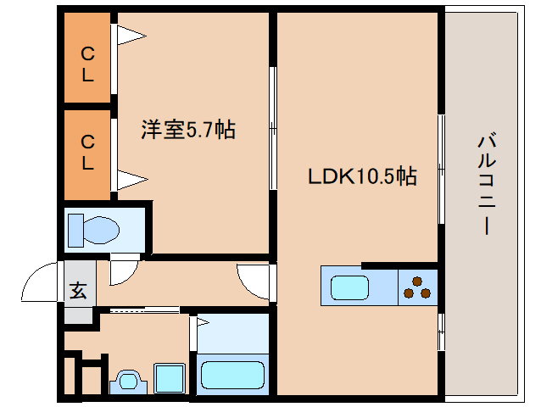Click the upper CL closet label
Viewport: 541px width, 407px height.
point(87,64)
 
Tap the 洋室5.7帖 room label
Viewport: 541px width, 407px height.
point(187,130)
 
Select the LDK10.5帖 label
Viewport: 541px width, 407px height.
point(361,176)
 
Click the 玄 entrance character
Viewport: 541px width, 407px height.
point(78,291)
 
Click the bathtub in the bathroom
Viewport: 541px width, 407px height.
point(232,373)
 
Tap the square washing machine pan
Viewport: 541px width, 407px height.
point(170,378)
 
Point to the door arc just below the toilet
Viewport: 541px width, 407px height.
point(122,272)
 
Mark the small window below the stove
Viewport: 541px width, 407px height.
point(440,330)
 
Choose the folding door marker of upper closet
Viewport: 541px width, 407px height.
point(130,36)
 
